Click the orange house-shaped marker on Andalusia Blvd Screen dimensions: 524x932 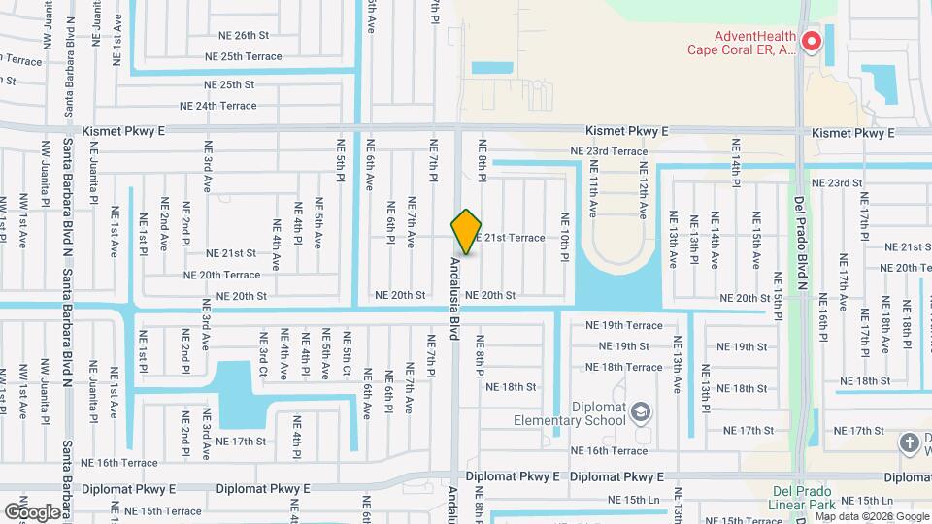(x=466, y=232)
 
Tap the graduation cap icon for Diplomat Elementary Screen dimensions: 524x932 (x=641, y=414)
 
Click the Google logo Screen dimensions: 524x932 (x=32, y=510)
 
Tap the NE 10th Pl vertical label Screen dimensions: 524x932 (x=563, y=236)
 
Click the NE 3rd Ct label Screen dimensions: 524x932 (x=262, y=355)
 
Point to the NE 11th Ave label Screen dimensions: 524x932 (x=593, y=188)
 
